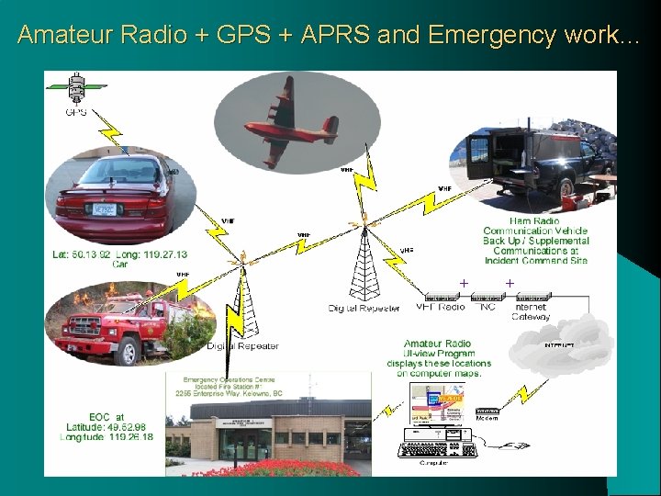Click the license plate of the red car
pyautogui.click(x=104, y=210)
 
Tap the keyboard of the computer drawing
pyautogui.click(x=431, y=450)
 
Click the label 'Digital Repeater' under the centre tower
pyautogui.click(x=364, y=309)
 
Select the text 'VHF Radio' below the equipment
pyautogui.click(x=441, y=307)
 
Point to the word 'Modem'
pyautogui.click(x=488, y=418)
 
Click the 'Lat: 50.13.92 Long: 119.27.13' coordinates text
pyautogui.click(x=119, y=254)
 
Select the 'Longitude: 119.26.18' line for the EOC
pyautogui.click(x=108, y=437)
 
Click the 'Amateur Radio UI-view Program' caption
pyautogui.click(x=438, y=348)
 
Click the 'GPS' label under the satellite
pyautogui.click(x=76, y=113)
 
